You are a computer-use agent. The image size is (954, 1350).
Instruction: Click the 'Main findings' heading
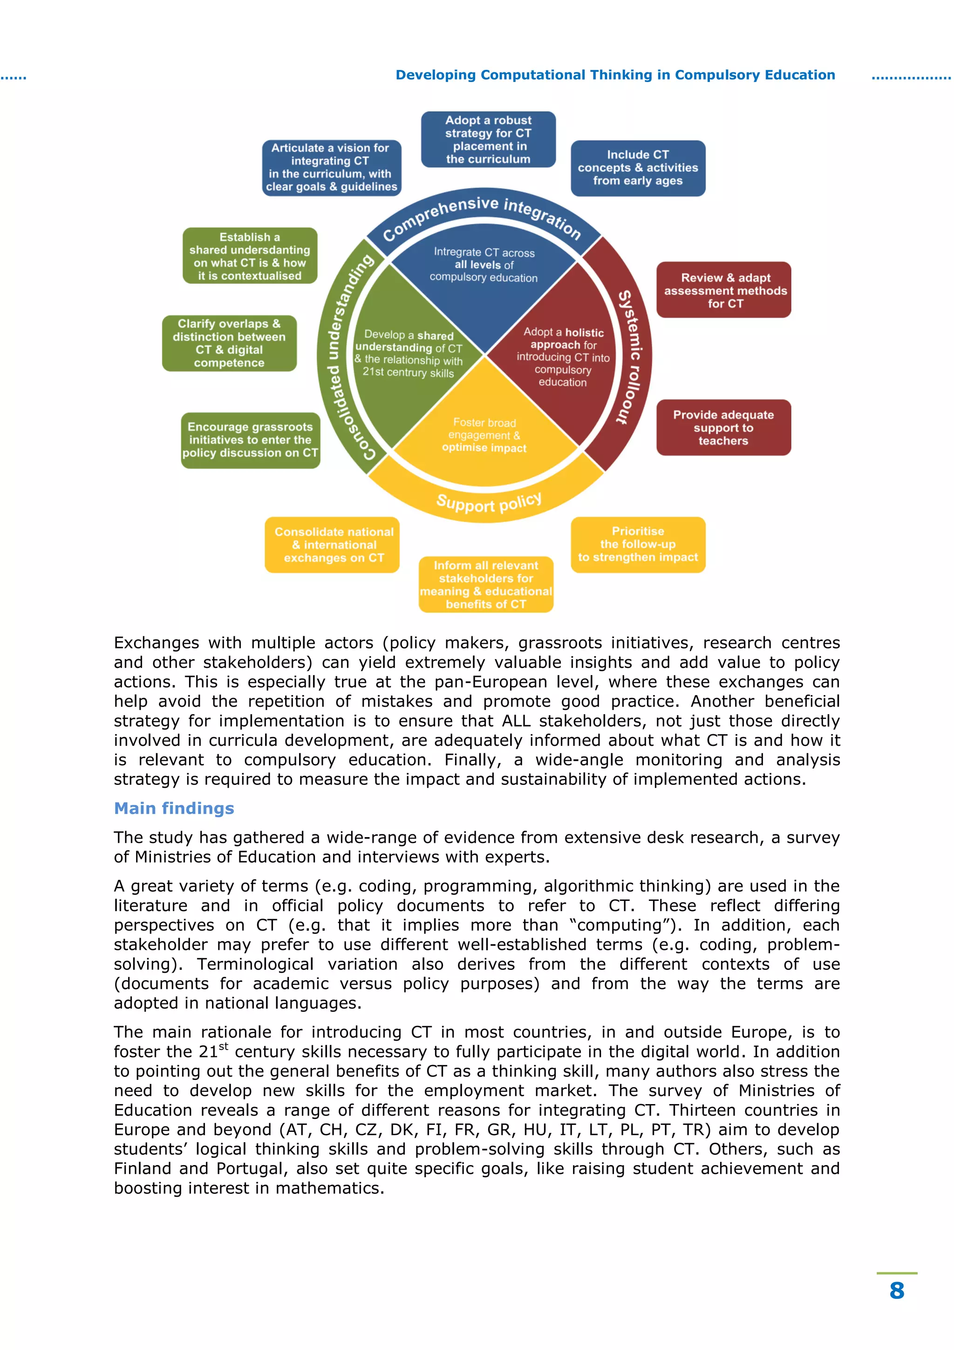pos(174,809)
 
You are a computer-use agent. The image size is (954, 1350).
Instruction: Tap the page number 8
pos(896,1291)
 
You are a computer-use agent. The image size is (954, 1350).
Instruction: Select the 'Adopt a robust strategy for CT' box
pos(488,139)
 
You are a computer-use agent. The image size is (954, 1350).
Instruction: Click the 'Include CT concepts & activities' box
pos(638,168)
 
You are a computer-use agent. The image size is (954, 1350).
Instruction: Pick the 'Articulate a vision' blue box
pos(332,168)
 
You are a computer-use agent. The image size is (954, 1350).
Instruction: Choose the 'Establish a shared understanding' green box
pos(250,256)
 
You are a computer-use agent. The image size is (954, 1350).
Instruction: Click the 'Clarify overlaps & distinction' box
pos(229,343)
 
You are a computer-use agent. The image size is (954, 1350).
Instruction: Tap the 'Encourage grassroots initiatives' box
pos(251,440)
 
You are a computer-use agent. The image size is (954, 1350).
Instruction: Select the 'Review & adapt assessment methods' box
pos(723,290)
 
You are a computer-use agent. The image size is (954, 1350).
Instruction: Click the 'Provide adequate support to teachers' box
pos(723,428)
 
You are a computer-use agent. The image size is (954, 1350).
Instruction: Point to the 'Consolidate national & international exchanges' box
pos(332,545)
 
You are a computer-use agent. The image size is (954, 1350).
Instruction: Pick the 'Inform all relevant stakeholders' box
pos(486,585)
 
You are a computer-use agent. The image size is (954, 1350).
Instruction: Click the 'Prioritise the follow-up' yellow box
pos(638,545)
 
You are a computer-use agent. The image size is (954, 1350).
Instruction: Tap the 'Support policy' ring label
pos(489,503)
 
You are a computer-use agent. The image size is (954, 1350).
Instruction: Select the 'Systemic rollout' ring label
pos(631,356)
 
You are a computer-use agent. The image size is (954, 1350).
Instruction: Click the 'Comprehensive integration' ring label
pos(482,216)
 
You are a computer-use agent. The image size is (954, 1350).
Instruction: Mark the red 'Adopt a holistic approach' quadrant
pos(563,357)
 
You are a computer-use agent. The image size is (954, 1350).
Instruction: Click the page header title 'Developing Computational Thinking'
pos(615,75)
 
